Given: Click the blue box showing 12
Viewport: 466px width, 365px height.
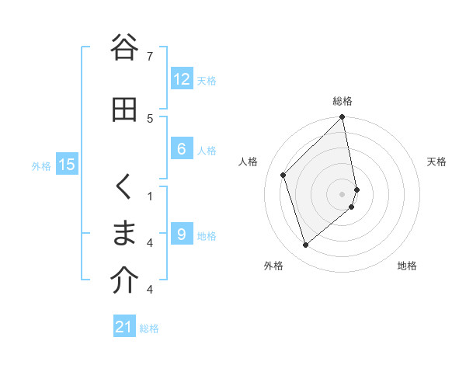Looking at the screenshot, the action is click(x=182, y=79).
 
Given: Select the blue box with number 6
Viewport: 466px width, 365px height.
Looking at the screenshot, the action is click(x=182, y=149).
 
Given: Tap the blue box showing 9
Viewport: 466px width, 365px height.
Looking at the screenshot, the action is click(x=182, y=235).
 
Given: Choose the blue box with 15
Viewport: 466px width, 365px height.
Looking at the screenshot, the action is click(x=67, y=165).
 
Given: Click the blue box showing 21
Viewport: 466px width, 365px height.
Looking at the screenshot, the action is click(x=124, y=327).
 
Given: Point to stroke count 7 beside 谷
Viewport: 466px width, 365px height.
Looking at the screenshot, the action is click(x=150, y=56).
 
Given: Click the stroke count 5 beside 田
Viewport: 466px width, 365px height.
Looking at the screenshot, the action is click(x=150, y=118).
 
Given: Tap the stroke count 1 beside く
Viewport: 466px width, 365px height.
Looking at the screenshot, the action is click(x=150, y=196).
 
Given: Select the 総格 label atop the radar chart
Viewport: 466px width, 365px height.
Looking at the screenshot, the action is click(x=343, y=101).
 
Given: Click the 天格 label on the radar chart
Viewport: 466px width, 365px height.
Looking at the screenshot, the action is click(x=436, y=162).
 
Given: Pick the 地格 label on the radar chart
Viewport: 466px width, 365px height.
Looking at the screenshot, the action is click(x=407, y=266).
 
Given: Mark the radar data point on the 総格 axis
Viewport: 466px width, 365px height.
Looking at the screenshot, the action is click(x=343, y=118).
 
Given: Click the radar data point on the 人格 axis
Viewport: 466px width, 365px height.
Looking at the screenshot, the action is click(x=283, y=175).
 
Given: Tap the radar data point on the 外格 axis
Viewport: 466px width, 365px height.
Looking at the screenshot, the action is click(x=306, y=245).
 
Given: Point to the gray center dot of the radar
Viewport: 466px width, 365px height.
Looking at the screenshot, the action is click(x=343, y=193).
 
